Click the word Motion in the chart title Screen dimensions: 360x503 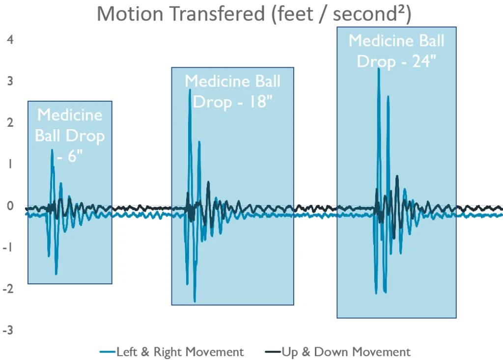pos(129,14)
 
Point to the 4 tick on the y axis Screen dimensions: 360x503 pos(10,39)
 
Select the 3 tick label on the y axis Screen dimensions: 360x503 pos(10,81)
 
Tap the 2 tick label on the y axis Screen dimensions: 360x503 pos(10,122)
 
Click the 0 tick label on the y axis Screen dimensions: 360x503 pos(10,206)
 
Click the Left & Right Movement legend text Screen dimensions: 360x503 pos(180,352)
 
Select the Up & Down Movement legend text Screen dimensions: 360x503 pos(346,352)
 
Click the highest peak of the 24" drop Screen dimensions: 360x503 pos(378,69)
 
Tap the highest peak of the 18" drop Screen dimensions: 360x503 pos(190,90)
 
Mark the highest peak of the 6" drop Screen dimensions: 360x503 pos(52,150)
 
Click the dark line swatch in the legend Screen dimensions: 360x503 pos(272,352)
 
